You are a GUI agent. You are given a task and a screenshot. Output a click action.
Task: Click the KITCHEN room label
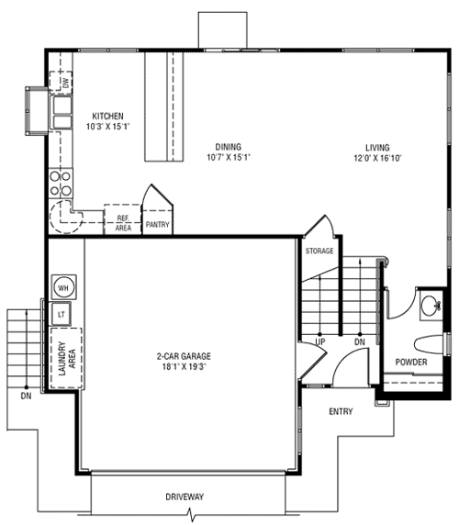pos(107,117)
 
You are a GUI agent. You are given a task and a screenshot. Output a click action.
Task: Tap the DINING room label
pos(228,147)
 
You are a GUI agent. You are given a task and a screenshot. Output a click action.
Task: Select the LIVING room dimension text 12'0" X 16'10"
pos(377,158)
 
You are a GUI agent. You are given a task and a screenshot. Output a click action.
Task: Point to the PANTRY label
pos(157,224)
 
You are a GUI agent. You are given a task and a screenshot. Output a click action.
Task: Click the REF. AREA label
pos(123,223)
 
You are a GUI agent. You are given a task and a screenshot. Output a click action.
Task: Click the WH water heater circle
pos(63,287)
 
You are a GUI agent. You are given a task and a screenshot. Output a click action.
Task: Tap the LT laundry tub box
pos(61,314)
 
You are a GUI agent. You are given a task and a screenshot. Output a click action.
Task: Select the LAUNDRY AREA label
pos(67,359)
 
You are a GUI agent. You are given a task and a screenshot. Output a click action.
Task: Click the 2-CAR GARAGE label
pos(184,356)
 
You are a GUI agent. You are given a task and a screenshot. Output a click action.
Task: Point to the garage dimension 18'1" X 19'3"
pos(184,366)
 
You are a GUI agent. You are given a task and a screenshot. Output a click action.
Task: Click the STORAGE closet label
pos(319,251)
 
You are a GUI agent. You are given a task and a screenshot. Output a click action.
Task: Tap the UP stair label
pos(320,341)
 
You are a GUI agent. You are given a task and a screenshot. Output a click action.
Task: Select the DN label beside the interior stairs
pos(360,341)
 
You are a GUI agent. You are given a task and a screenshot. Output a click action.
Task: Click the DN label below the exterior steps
pos(26,396)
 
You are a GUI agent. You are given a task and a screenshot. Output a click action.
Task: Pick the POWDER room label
pos(411,362)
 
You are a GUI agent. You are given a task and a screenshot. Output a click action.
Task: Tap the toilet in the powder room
pos(430,344)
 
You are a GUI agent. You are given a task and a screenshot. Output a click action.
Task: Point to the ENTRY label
pos(341,411)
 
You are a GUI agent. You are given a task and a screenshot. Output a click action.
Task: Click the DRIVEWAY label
pos(185,497)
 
